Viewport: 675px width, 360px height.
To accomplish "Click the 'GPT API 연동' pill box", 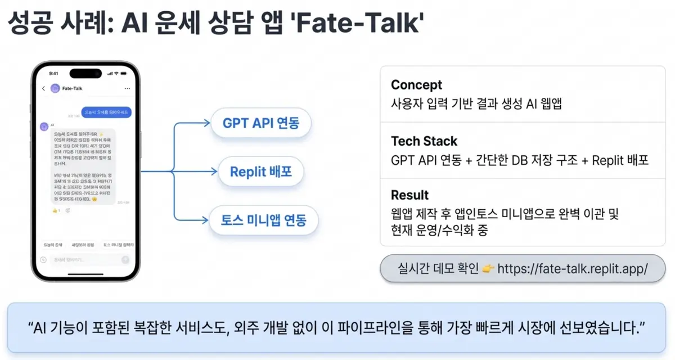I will click(260, 123).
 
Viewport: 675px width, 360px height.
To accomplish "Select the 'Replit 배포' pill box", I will click(260, 171).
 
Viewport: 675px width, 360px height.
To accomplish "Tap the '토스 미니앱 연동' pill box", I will click(263, 219).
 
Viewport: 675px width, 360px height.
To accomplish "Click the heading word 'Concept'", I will click(416, 85).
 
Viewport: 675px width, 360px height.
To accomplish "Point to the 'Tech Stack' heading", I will click(424, 141).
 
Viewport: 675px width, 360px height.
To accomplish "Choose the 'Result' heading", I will click(409, 195).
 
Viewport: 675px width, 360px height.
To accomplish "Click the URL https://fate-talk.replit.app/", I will click(573, 268).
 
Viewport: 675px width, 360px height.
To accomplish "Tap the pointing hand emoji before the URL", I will click(488, 268).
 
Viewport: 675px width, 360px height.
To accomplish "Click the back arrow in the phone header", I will click(43, 88).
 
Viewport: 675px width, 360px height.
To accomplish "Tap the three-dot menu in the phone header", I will click(127, 88).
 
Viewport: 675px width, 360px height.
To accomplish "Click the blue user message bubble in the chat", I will click(106, 112).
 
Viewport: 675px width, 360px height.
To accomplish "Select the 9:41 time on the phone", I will click(53, 73).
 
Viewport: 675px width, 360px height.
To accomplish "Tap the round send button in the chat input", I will click(125, 260).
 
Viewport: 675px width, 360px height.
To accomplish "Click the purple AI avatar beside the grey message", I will click(43, 126).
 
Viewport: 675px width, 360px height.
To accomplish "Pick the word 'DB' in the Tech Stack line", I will click(517, 160).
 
